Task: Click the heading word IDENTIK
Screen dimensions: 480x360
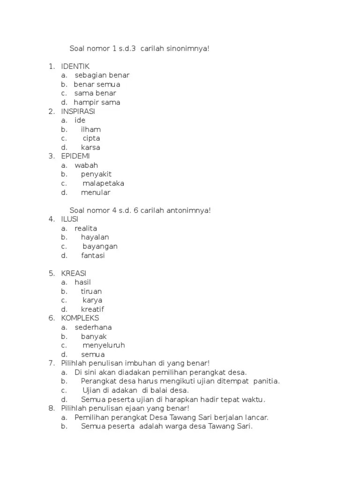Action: coord(75,66)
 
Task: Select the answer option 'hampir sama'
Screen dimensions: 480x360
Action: coord(97,102)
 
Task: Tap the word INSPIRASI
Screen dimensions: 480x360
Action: coord(78,111)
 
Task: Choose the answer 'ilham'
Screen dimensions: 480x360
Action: coord(90,129)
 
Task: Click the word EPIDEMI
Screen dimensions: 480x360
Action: coord(75,156)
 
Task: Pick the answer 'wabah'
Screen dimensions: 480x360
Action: coord(86,165)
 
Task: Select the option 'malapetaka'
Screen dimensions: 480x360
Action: coord(103,183)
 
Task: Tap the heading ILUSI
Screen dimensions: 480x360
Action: coord(70,219)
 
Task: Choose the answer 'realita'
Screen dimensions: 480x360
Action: coord(86,228)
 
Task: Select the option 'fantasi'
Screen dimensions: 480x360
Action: coord(93,255)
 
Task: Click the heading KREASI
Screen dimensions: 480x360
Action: coord(74,273)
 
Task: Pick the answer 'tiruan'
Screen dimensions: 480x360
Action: coord(91,292)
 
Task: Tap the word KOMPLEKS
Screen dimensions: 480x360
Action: coord(80,318)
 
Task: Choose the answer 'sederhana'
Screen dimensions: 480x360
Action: coord(93,327)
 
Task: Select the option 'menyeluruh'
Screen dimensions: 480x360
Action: coord(104,345)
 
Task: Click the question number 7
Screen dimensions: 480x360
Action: coord(52,363)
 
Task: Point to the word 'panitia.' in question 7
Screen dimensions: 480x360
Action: coord(266,381)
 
